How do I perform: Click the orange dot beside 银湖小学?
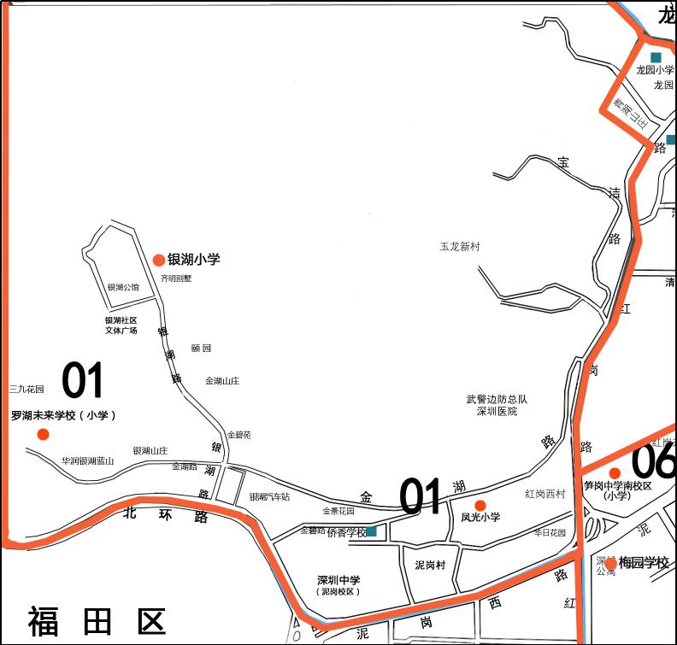point(158,260)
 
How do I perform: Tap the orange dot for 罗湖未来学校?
point(43,435)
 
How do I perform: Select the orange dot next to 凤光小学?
point(480,505)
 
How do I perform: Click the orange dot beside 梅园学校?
point(610,563)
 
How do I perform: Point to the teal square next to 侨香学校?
point(371,531)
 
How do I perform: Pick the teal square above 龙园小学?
point(656,57)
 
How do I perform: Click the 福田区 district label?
point(97,621)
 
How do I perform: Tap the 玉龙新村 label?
point(460,247)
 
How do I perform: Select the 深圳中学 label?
point(338,580)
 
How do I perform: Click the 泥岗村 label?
point(431,565)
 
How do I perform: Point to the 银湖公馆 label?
point(123,288)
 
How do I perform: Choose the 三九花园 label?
point(26,389)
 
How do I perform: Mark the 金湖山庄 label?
point(222,381)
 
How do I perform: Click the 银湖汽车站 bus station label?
point(269,497)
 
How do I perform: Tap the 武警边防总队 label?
point(497,399)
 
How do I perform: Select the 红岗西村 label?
point(545,494)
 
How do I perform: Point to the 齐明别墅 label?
point(176,279)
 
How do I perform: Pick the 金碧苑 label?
point(238,435)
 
